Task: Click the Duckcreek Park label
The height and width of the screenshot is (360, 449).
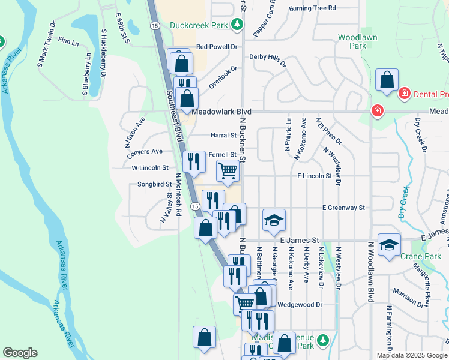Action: [199, 25]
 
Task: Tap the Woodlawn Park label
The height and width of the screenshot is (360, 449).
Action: [352, 41]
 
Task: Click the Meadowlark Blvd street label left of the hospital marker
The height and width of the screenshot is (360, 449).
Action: [221, 112]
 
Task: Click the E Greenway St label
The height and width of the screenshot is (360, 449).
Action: [343, 208]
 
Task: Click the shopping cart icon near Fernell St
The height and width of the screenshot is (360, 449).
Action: [228, 171]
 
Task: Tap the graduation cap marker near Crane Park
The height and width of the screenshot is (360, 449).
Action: [389, 245]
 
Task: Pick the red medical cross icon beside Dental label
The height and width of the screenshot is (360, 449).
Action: [405, 94]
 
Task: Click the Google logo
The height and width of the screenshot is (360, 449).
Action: [20, 353]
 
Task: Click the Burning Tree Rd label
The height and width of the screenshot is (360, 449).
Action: [312, 8]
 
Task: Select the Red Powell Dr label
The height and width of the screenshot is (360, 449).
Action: [217, 46]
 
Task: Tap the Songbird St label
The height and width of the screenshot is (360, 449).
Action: [154, 184]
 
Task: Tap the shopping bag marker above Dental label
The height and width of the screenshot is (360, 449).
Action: [387, 80]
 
